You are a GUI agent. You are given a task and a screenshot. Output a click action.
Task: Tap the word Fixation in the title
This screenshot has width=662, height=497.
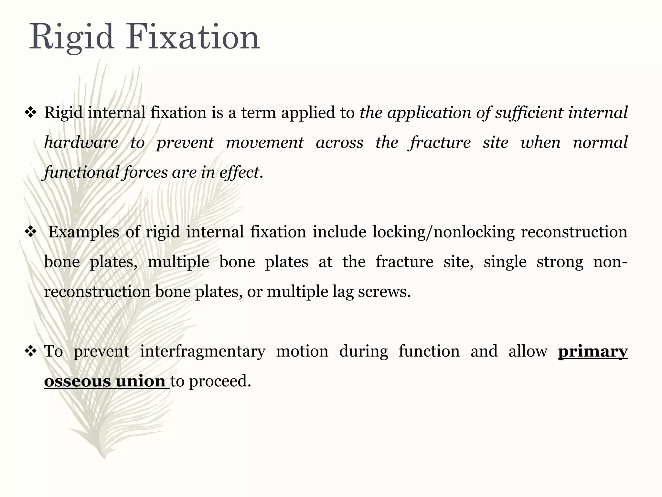[193, 37]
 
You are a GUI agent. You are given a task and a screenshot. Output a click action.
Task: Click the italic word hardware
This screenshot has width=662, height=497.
[81, 143]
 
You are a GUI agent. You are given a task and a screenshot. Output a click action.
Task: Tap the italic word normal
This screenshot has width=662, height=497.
[600, 143]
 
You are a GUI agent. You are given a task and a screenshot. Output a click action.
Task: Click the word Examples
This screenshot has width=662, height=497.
[84, 232]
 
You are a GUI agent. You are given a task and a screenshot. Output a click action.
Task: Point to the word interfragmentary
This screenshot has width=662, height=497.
[202, 352]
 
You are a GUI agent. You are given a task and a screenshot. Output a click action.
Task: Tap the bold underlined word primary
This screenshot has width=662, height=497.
[593, 352]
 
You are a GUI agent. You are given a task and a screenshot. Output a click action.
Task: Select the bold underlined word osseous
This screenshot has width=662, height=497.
[77, 381]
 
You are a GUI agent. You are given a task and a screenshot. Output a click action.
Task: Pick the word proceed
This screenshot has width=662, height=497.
[219, 381]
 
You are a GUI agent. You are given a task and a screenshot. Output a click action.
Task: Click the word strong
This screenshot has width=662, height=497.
[560, 262]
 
